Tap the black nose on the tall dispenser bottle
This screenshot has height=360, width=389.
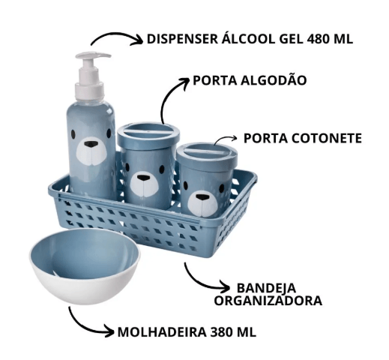[91, 144]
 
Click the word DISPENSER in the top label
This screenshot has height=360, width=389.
[182, 39]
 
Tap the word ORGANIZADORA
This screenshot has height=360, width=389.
[268, 301]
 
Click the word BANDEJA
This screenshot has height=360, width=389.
[266, 288]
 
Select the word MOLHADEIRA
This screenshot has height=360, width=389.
[162, 332]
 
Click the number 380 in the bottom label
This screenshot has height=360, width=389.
[222, 332]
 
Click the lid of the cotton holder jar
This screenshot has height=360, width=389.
[148, 133]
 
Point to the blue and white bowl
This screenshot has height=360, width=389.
[85, 265]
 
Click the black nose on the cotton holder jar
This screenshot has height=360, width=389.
[144, 178]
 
